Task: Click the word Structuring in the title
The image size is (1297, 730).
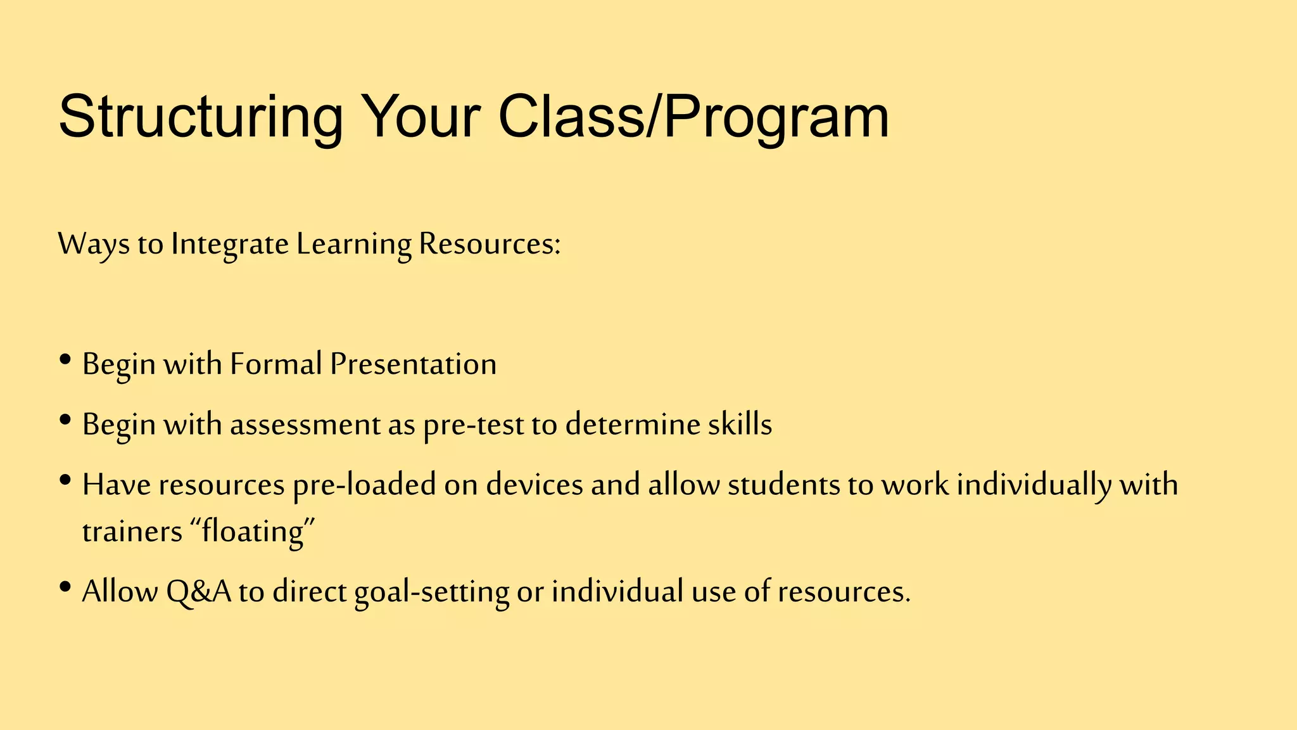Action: pyautogui.click(x=200, y=117)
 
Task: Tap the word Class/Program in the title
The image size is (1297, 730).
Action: pyautogui.click(x=693, y=117)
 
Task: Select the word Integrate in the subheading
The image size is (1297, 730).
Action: pyautogui.click(x=229, y=245)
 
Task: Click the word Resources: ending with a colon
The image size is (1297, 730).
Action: pyautogui.click(x=490, y=245)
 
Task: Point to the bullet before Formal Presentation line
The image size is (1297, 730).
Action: pyautogui.click(x=65, y=361)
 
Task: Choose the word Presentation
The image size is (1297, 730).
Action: pyautogui.click(x=413, y=364)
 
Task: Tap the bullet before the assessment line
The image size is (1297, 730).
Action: pyautogui.click(x=65, y=421)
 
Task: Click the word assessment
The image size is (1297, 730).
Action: pyautogui.click(x=305, y=425)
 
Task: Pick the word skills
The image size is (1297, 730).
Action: pyautogui.click(x=740, y=425)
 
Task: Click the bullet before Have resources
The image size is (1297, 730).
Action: pyautogui.click(x=65, y=481)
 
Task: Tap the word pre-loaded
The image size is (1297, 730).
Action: pyautogui.click(x=364, y=485)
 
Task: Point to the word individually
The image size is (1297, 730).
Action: pyautogui.click(x=1034, y=485)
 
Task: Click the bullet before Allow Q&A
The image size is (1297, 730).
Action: pyautogui.click(x=65, y=587)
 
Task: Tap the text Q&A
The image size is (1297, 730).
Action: pyautogui.click(x=199, y=591)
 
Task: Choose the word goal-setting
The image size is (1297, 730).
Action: pyautogui.click(x=431, y=591)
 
